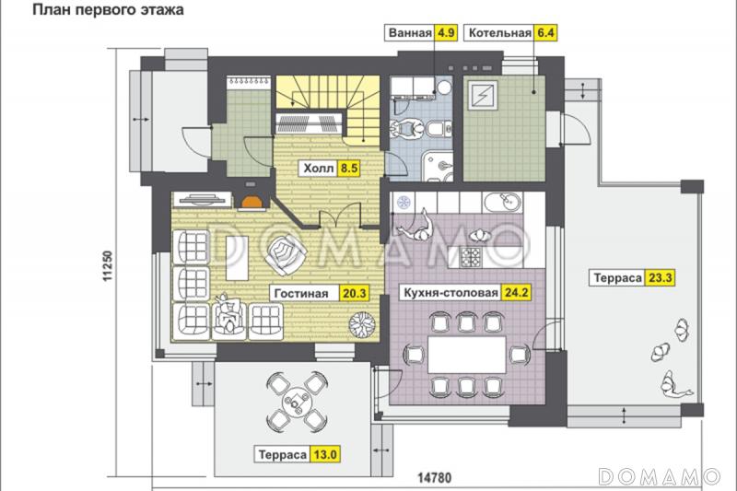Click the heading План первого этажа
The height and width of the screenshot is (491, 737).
coord(108,10)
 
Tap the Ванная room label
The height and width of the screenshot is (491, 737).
coord(410,33)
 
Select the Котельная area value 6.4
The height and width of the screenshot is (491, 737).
coord(545,33)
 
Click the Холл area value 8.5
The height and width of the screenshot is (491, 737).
coord(349,169)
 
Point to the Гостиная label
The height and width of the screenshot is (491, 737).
coord(301,293)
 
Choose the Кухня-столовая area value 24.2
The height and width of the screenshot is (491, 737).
coord(517,293)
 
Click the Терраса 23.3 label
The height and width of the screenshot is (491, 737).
coord(632,277)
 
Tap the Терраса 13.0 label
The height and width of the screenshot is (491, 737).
coord(298,455)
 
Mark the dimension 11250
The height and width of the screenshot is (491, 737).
coord(108,266)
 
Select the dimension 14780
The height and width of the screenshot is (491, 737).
coord(435,478)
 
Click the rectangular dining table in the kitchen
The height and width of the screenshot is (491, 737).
coord(466,354)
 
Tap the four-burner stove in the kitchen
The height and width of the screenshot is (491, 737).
coord(471,258)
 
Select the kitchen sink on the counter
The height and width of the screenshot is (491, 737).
coord(502,203)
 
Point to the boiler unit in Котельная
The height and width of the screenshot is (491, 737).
coord(482,96)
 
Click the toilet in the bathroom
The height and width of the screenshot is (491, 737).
coord(437,128)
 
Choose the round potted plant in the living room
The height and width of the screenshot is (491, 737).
coord(362,324)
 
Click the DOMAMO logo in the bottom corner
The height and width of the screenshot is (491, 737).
coord(660,476)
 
